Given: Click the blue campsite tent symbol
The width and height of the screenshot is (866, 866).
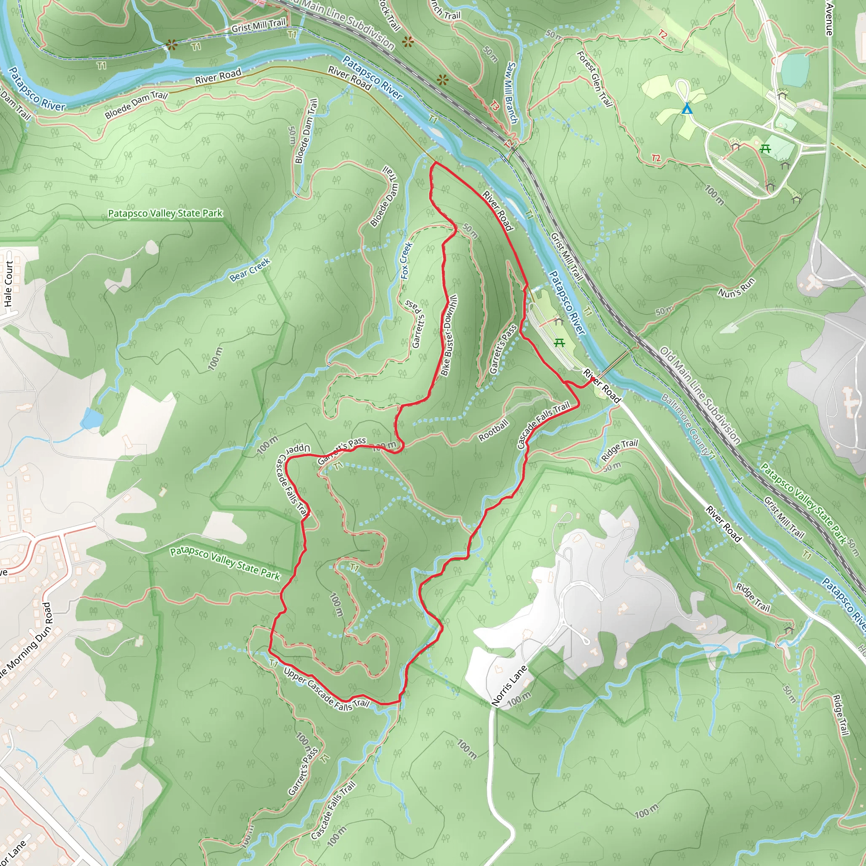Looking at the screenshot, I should [x=687, y=109].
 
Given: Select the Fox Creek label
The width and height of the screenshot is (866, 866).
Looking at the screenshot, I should [x=406, y=260].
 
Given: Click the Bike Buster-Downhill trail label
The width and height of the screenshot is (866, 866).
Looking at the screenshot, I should [x=449, y=335].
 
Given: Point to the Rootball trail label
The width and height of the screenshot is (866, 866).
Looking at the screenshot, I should [x=493, y=430].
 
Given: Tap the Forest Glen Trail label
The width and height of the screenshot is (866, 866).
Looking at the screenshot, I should [x=595, y=79].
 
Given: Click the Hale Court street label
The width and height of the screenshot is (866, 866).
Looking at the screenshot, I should [x=8, y=284].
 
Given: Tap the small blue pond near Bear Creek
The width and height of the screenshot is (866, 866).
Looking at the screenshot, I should [x=92, y=419].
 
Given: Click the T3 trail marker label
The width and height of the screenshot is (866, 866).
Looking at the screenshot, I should [x=494, y=106].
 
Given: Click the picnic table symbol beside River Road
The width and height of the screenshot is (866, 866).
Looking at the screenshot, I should [x=559, y=343].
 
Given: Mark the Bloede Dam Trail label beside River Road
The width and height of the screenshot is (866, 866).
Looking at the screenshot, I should [x=136, y=104].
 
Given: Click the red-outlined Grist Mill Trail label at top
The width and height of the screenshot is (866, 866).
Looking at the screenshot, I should [x=258, y=25].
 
